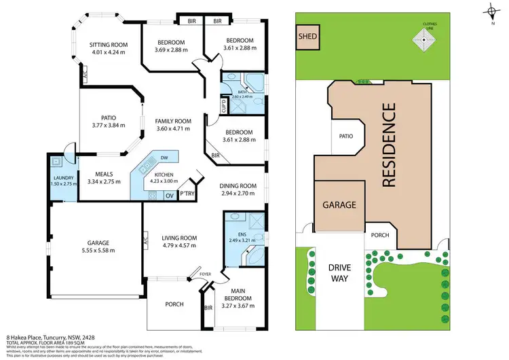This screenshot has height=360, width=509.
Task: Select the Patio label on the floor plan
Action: (104, 116)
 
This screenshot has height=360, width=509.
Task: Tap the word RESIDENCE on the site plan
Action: (389, 145)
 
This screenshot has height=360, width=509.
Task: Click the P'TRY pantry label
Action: (187, 196)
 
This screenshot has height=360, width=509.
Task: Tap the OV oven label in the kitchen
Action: (170, 196)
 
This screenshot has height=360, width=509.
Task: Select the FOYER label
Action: (205, 274)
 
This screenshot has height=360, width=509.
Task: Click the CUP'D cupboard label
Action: (223, 106)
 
